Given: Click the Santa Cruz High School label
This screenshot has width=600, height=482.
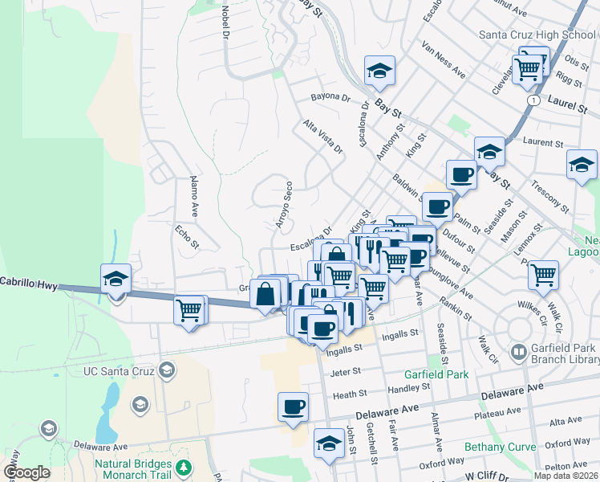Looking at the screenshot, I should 537,35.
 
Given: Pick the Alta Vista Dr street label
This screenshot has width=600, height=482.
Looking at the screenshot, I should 323,137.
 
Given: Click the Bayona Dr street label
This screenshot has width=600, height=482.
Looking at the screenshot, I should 331,98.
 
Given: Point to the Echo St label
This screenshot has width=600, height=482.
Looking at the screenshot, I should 187,237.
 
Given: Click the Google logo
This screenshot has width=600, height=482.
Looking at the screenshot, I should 26,472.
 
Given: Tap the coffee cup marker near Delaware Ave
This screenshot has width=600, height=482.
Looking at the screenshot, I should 293,406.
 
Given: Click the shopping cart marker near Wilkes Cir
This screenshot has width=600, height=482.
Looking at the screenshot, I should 543,276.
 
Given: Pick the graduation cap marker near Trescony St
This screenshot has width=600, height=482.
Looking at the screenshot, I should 582,165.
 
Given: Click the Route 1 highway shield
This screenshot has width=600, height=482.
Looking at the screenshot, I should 533,100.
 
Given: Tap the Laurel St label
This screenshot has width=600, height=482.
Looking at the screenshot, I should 569,102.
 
